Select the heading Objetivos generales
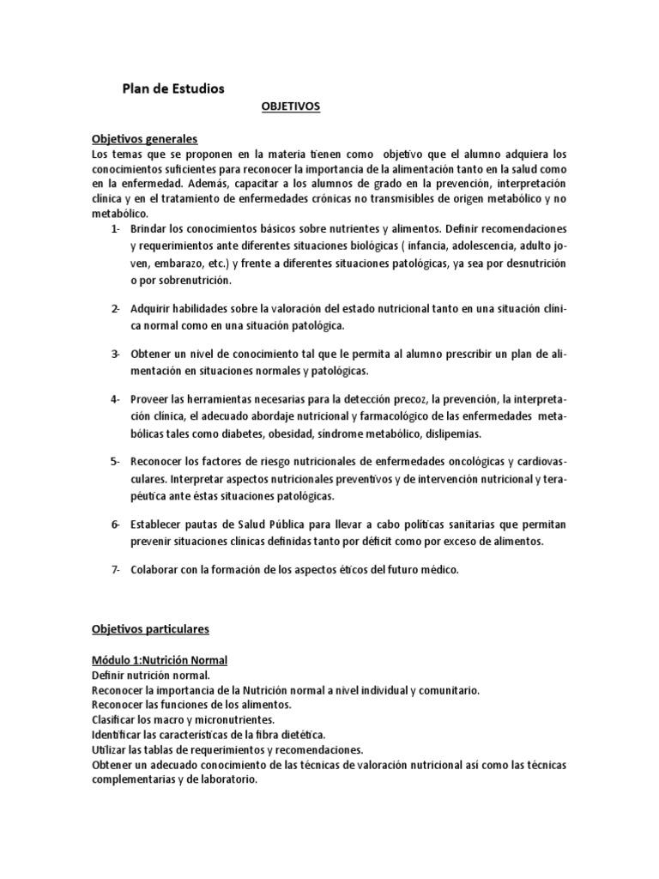coord(145,138)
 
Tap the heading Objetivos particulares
coord(150,629)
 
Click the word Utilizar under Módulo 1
coord(110,749)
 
